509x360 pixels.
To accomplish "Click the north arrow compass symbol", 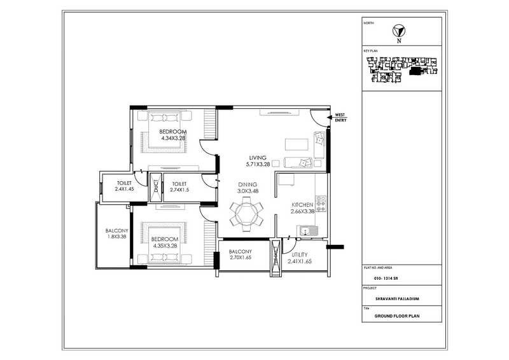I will (399, 31).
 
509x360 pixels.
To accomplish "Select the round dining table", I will (245, 212).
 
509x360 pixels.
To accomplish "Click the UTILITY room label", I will (295, 254).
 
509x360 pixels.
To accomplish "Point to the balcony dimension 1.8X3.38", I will (117, 237).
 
